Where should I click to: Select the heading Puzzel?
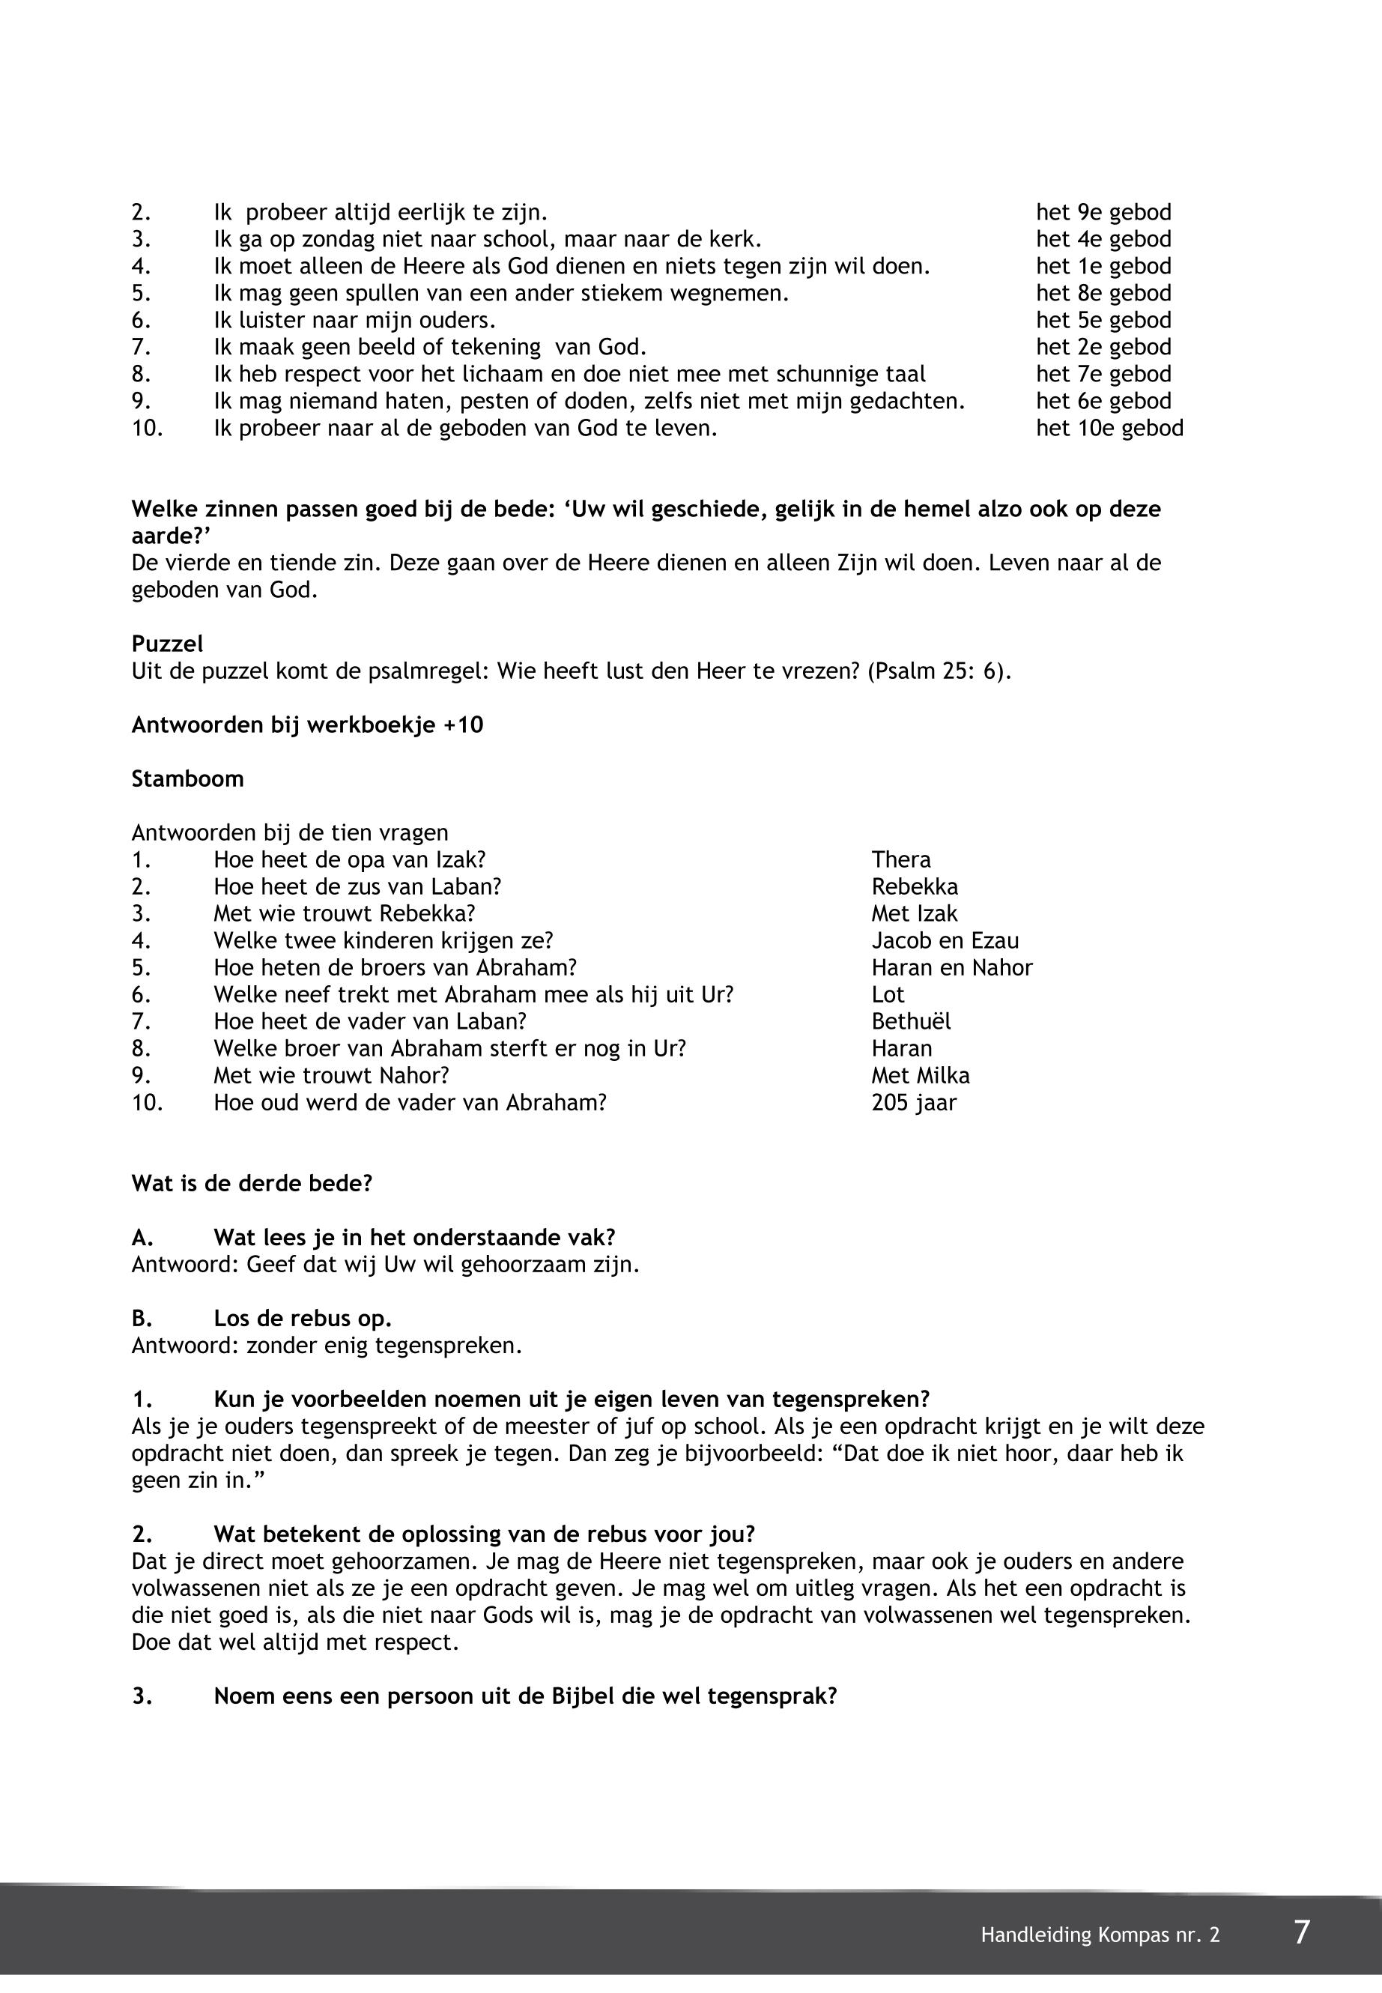[x=167, y=644]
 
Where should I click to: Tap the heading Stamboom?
[x=187, y=778]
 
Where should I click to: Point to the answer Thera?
[x=900, y=860]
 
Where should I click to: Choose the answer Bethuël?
[x=910, y=1022]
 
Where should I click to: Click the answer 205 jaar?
[x=914, y=1103]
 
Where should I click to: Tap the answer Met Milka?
[x=921, y=1076]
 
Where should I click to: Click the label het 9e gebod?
[x=1103, y=213]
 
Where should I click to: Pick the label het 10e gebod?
[x=1109, y=429]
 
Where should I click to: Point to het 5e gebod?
[x=1103, y=321]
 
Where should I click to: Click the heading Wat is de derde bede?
[x=251, y=1184]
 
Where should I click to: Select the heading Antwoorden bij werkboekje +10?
[x=307, y=725]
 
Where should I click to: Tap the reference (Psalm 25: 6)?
[x=939, y=671]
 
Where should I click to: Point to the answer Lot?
[x=888, y=995]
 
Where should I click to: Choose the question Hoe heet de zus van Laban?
[x=357, y=887]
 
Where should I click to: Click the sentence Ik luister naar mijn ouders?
[x=355, y=321]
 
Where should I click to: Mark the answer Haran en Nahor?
[x=951, y=967]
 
